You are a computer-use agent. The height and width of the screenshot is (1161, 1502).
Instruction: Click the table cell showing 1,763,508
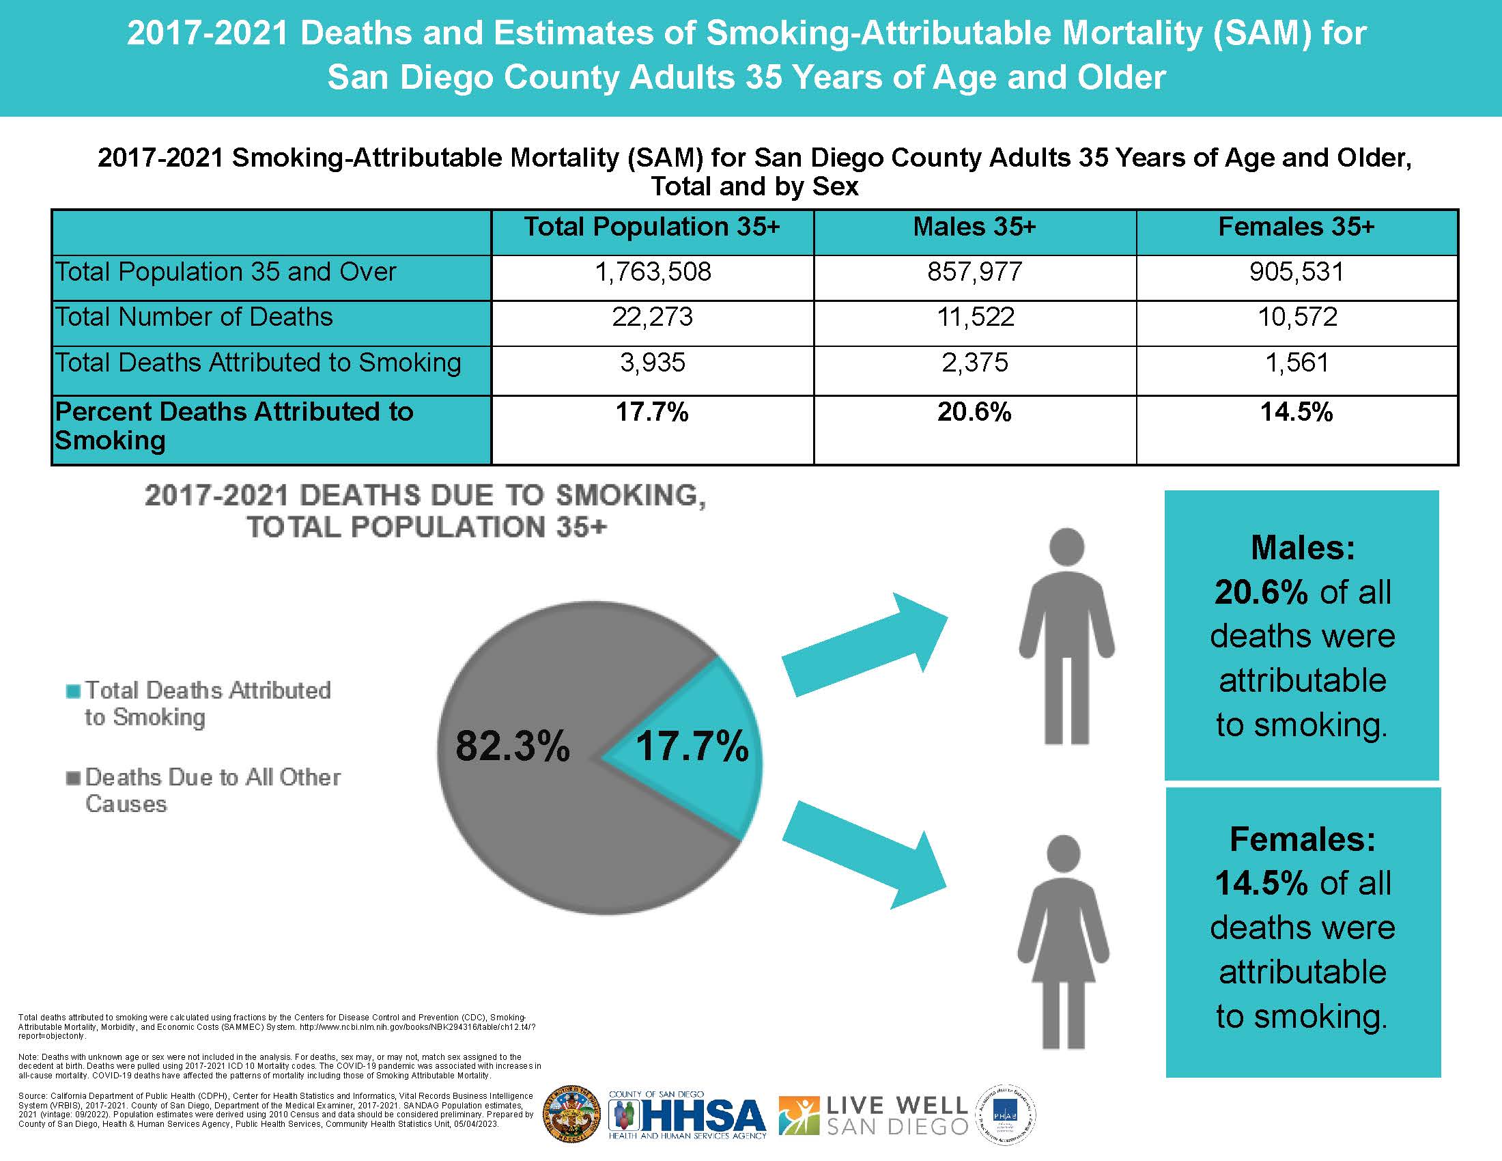coord(652,272)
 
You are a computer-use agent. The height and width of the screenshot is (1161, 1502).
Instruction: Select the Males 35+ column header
coord(974,227)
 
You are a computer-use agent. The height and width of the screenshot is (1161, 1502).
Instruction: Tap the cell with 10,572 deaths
coord(1297,317)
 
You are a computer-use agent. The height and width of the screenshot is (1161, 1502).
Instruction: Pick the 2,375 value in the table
coord(974,363)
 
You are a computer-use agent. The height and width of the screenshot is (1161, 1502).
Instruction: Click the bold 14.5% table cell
coord(1296,412)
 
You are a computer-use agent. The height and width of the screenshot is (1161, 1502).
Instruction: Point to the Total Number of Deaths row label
coord(194,317)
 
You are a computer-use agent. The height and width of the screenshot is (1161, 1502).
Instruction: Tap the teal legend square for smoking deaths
coord(73,690)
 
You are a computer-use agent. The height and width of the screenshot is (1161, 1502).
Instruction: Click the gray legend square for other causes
coord(73,778)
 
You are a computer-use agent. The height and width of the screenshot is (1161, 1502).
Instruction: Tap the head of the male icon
coord(1066,548)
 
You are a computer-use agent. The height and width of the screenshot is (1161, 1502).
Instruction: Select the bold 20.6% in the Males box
coord(1261,592)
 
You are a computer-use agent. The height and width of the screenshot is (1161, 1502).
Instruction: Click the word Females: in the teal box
coord(1302,839)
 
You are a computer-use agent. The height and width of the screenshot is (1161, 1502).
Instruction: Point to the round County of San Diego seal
coord(571,1115)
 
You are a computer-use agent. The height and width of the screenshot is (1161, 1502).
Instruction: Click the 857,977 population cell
coord(974,272)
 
